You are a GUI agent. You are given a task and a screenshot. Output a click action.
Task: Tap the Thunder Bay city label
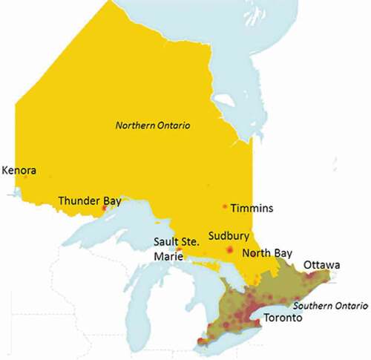[x=89, y=200]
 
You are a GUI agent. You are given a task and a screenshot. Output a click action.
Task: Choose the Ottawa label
[x=321, y=265]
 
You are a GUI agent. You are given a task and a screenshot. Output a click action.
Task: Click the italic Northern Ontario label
[x=153, y=127]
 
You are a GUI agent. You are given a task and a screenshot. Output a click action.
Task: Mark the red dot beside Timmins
[x=225, y=206]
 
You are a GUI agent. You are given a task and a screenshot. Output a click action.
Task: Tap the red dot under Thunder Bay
[x=103, y=209]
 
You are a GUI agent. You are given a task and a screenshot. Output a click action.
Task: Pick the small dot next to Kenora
[x=25, y=177]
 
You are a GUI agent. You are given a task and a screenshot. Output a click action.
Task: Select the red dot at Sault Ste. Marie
[x=179, y=250]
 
